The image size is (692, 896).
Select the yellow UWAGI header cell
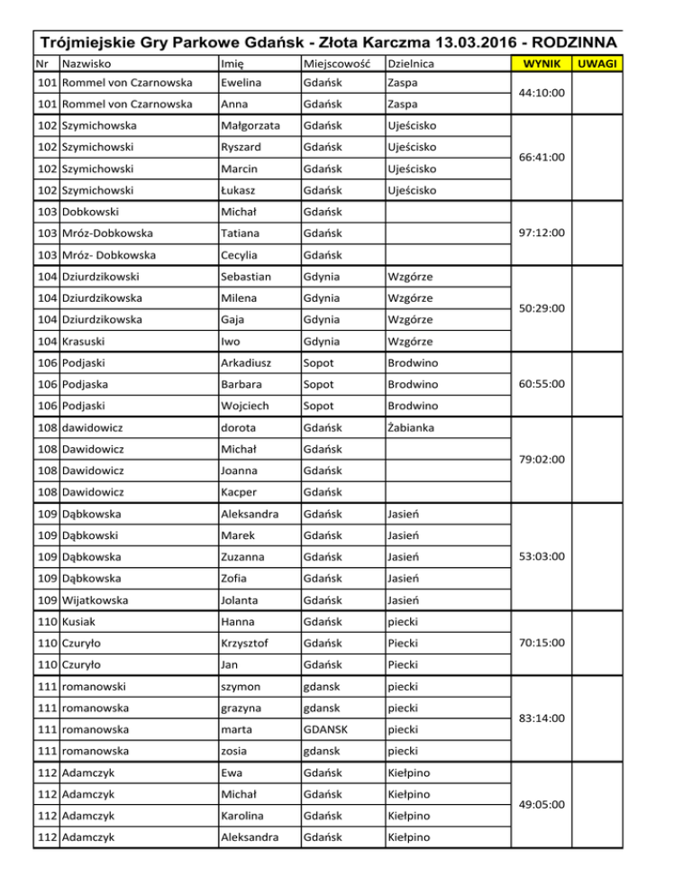597,64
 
